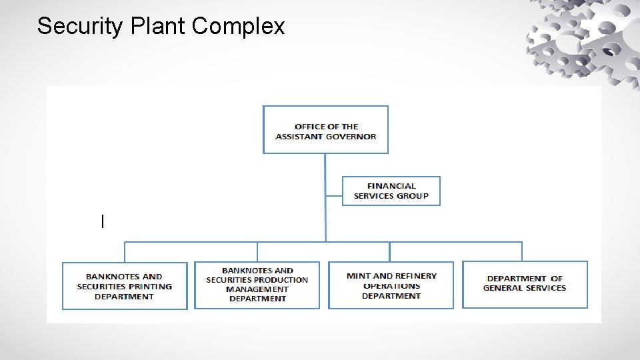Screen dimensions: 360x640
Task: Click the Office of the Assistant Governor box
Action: point(325,130)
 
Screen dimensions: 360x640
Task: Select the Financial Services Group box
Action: point(391,191)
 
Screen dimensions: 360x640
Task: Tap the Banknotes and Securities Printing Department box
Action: point(125,286)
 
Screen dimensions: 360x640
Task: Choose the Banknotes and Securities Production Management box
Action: point(257,285)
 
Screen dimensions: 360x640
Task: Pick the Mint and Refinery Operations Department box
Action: point(391,285)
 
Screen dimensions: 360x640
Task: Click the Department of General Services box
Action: point(525,283)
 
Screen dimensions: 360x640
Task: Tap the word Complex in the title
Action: point(238,27)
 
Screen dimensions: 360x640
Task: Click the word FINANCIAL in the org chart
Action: point(391,186)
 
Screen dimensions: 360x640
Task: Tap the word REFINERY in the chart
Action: point(416,276)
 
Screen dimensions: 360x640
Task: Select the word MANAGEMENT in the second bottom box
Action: point(257,289)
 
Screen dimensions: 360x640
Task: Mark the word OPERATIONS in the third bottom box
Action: point(391,286)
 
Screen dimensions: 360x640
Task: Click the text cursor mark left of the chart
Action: point(102,221)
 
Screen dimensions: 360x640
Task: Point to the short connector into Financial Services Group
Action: point(334,196)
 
